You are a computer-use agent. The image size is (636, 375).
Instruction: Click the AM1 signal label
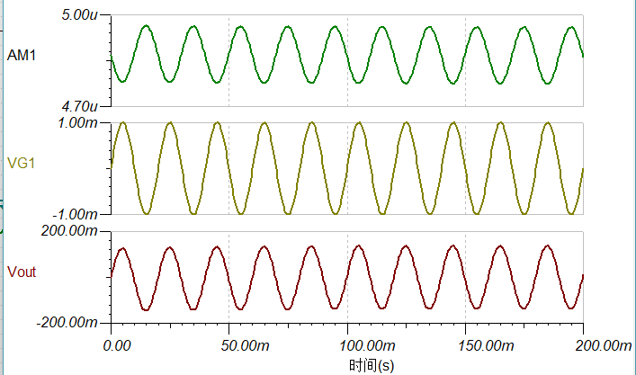(22, 56)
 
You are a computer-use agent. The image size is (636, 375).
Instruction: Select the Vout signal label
(22, 271)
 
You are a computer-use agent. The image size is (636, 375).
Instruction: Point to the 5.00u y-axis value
(86, 16)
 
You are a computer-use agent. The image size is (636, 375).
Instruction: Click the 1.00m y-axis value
(86, 122)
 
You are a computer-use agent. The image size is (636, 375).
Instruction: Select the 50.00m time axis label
(229, 345)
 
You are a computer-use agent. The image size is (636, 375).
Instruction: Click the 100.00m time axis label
(348, 345)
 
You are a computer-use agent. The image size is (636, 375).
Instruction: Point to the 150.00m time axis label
(466, 345)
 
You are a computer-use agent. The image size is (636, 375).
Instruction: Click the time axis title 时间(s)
(372, 365)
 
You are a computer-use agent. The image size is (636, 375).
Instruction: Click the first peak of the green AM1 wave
(146, 27)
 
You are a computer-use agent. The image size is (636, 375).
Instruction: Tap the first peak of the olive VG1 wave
(121, 123)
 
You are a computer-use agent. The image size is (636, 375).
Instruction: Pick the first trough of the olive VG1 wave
(146, 213)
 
